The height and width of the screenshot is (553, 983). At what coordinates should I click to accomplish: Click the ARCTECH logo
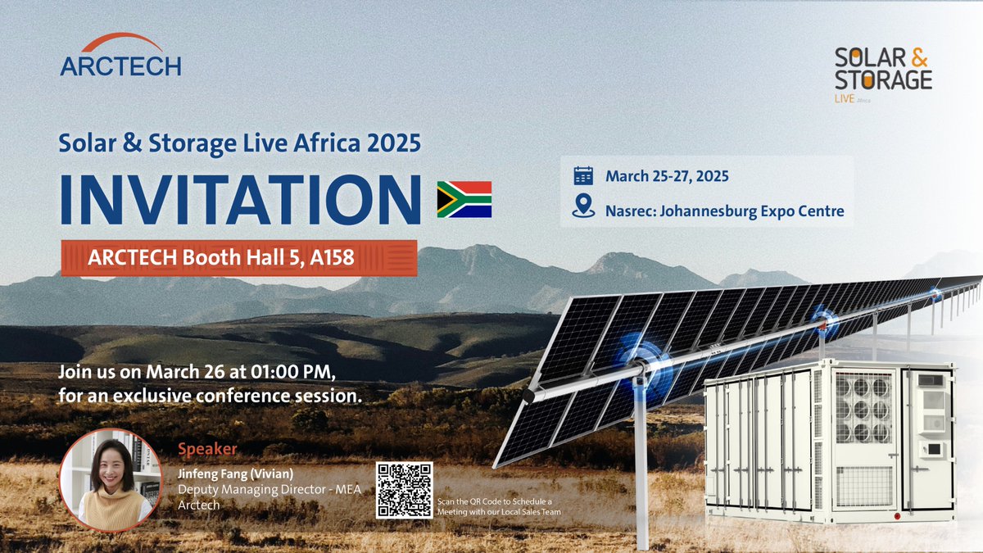pyautogui.click(x=120, y=56)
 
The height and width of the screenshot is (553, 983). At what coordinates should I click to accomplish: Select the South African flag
pyautogui.click(x=464, y=199)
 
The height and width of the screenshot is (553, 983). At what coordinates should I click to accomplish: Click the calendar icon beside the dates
pyautogui.click(x=583, y=176)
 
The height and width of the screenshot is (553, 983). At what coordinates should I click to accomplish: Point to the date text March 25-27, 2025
pyautogui.click(x=667, y=176)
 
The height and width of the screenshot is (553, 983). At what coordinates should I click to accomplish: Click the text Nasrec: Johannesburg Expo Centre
pyautogui.click(x=724, y=211)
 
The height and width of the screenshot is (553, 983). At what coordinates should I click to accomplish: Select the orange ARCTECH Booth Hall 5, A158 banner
pyautogui.click(x=239, y=259)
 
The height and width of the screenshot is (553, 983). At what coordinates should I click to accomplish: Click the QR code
pyautogui.click(x=404, y=490)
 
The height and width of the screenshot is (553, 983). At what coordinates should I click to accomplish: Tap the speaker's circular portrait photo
pyautogui.click(x=110, y=480)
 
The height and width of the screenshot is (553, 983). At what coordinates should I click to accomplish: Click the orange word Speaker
pyautogui.click(x=207, y=449)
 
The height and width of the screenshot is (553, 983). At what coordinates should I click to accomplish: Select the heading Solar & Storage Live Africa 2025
pyautogui.click(x=240, y=143)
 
